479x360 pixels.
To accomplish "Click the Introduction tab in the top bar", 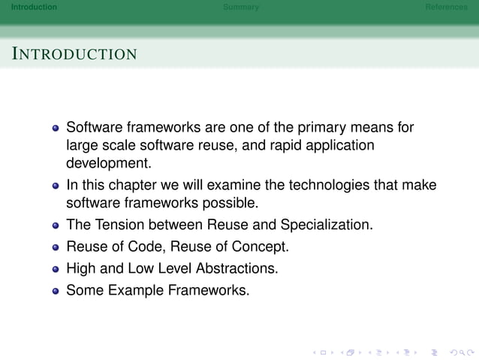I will point(29,7).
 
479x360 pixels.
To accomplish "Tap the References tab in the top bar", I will point(446,7).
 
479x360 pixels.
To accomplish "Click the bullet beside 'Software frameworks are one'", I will point(56,128).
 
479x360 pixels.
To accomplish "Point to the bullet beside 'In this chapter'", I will point(56,186).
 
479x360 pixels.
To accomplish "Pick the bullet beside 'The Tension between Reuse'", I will point(56,225).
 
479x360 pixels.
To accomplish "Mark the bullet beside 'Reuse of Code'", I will point(56,247).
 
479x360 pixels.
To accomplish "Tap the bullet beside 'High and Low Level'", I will point(56,268).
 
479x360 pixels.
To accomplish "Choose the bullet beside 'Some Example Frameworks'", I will point(56,290).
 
